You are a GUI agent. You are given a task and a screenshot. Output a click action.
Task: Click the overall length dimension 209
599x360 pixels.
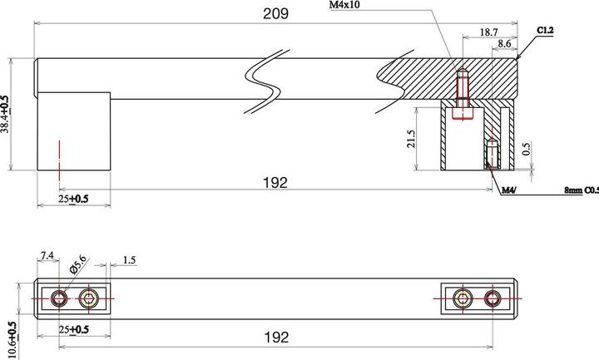pos(276,13)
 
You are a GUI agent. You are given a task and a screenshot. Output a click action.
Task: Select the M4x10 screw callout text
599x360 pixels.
pos(346,5)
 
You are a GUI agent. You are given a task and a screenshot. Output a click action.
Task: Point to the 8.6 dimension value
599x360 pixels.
pos(504,42)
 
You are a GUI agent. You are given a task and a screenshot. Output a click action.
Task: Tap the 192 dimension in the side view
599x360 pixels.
pos(275,183)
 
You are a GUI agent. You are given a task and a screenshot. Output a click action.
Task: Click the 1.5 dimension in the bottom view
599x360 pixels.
pos(129,261)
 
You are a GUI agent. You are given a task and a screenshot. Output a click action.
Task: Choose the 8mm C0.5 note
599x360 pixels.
pos(581,190)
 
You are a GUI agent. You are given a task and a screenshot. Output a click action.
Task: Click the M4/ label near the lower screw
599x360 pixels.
pos(510,190)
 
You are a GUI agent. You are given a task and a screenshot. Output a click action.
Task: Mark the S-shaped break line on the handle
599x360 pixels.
pos(267,82)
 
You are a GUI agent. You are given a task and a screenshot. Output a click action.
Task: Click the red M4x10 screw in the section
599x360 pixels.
pos(463,92)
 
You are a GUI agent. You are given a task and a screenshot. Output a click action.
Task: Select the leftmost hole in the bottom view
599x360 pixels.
pos(59,298)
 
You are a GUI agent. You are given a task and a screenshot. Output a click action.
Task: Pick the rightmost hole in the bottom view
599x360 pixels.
pos(493,298)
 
